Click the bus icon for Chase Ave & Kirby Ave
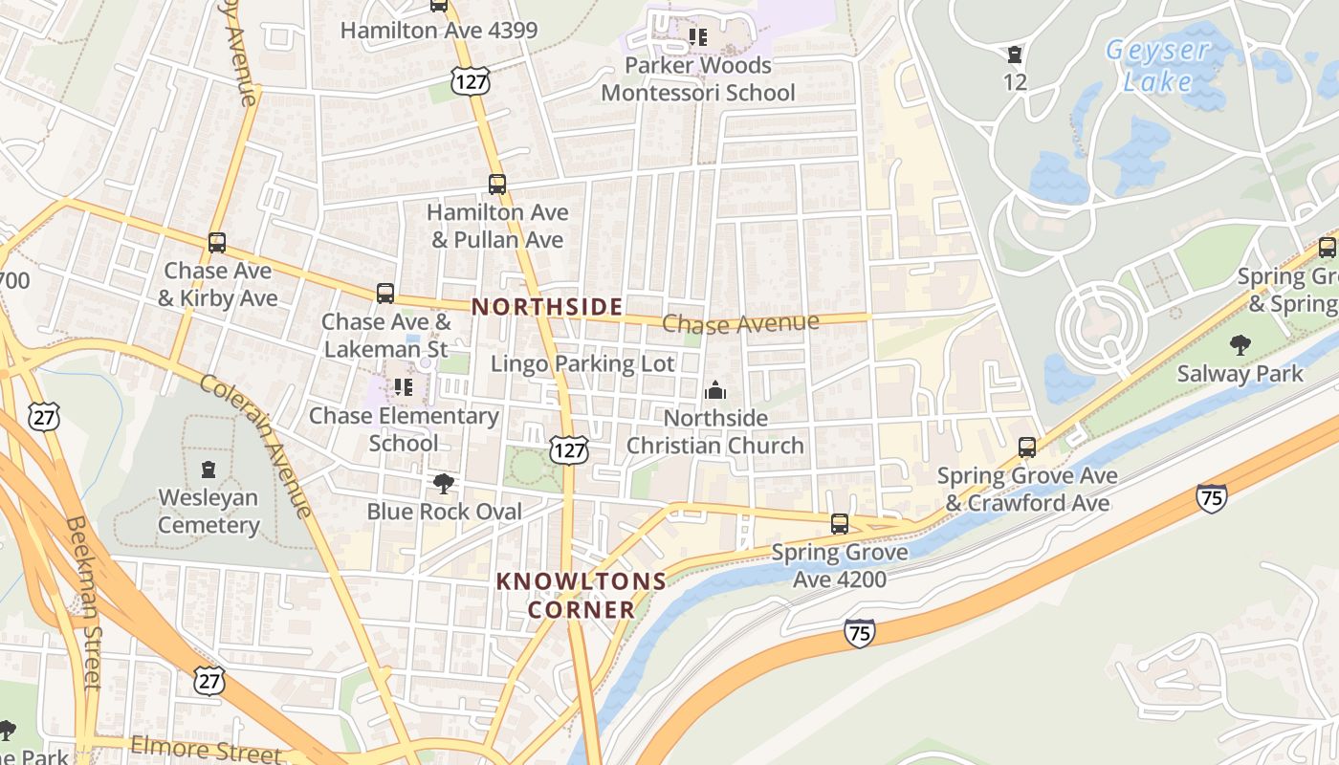tap(217, 243)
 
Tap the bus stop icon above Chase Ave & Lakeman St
tap(385, 294)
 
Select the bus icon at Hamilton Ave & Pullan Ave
tap(497, 185)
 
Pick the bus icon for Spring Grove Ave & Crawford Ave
tap(1027, 447)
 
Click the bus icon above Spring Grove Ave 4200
tap(840, 524)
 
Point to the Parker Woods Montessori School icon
tap(698, 37)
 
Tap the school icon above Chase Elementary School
tap(404, 387)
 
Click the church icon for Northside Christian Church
tap(715, 390)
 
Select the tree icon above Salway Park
tap(1240, 344)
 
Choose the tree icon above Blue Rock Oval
tap(444, 483)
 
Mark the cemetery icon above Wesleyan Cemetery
tap(209, 469)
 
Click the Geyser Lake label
tap(1158, 65)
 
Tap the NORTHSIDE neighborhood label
tap(547, 307)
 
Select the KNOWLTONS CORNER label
tap(581, 595)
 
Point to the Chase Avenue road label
tap(740, 323)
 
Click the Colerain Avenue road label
tap(255, 445)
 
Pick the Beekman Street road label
tap(84, 602)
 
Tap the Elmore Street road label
tap(207, 749)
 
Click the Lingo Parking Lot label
tap(582, 363)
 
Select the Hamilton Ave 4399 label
tap(439, 30)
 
